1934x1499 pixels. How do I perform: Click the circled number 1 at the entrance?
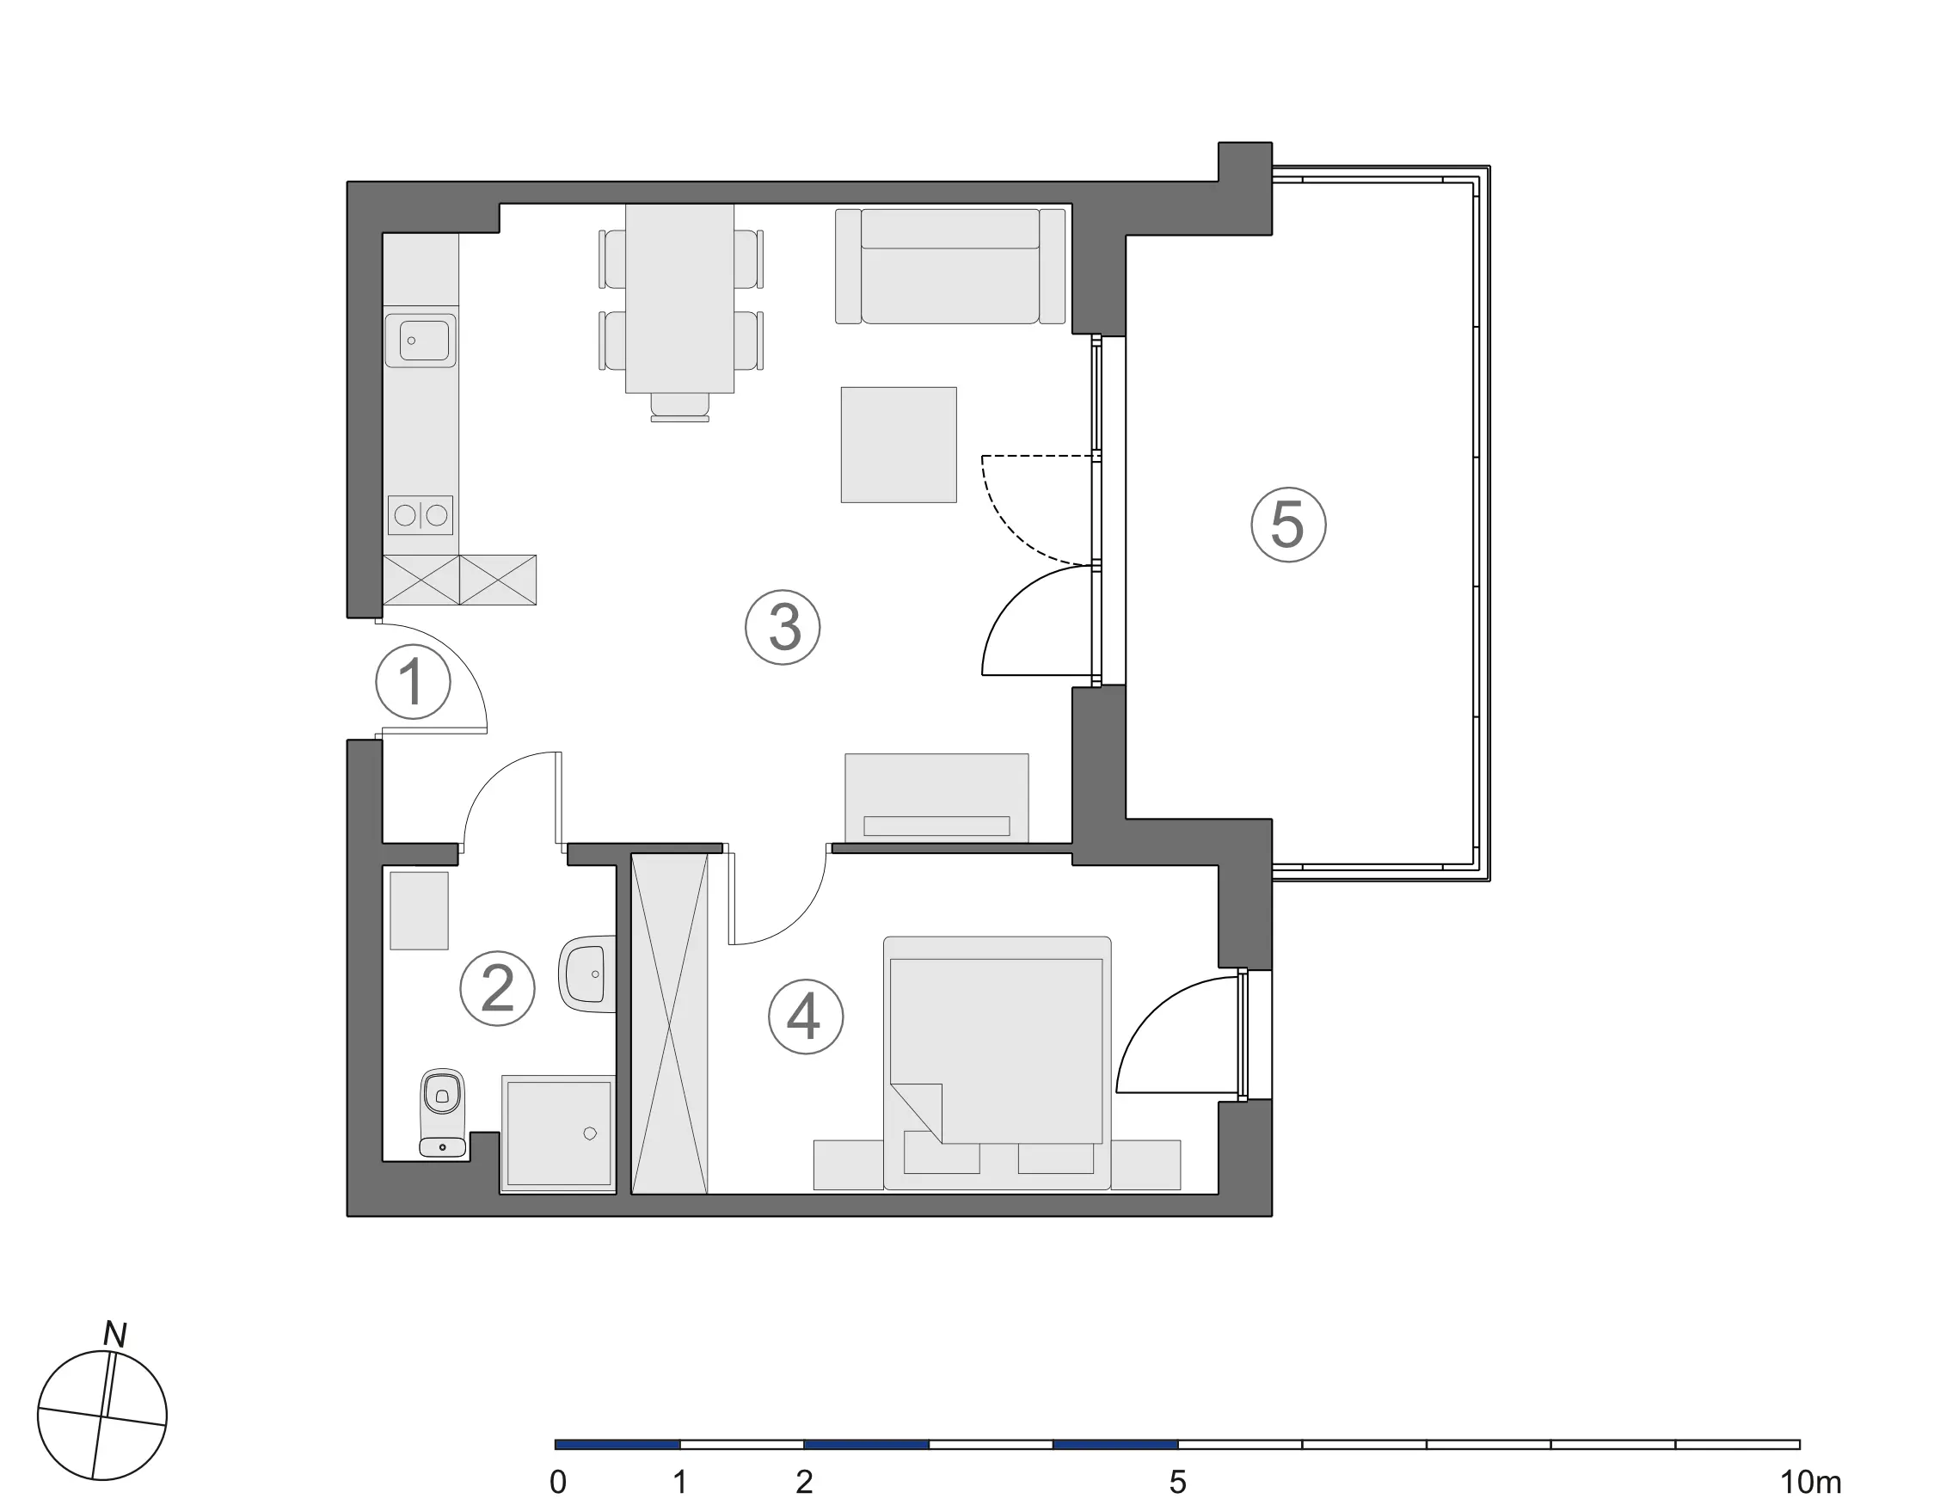point(413,682)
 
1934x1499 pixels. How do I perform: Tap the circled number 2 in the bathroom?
point(497,988)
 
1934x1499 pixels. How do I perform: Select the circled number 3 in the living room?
point(783,628)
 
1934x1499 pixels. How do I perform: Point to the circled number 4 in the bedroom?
point(805,1017)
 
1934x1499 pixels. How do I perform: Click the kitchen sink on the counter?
point(421,340)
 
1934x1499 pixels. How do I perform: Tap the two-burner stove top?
point(421,514)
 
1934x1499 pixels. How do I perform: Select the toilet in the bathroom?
point(442,1113)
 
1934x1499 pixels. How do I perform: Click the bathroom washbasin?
point(587,974)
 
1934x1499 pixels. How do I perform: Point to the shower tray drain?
point(590,1133)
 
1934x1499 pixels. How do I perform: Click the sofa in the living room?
point(950,266)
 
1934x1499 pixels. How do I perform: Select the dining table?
point(680,298)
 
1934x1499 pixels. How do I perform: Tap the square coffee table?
point(899,445)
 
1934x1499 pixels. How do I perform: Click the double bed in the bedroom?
point(998,1062)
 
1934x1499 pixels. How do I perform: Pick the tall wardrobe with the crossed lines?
point(669,1023)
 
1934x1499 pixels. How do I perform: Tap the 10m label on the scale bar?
point(1811,1481)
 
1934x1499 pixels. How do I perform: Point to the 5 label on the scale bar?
point(1177,1481)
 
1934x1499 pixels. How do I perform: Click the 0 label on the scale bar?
point(558,1481)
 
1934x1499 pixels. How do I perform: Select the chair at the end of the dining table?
point(680,408)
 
